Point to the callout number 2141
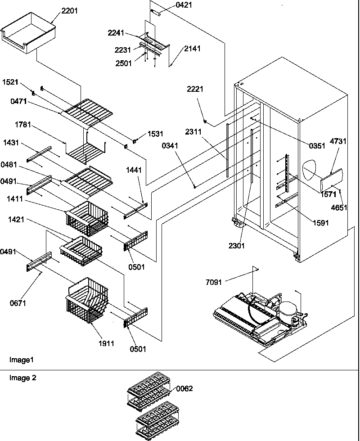pos(192,49)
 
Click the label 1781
pos(22,125)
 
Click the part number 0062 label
pos(184,388)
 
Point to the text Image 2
pos(22,378)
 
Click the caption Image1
pos(21,360)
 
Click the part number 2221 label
pos(195,89)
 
